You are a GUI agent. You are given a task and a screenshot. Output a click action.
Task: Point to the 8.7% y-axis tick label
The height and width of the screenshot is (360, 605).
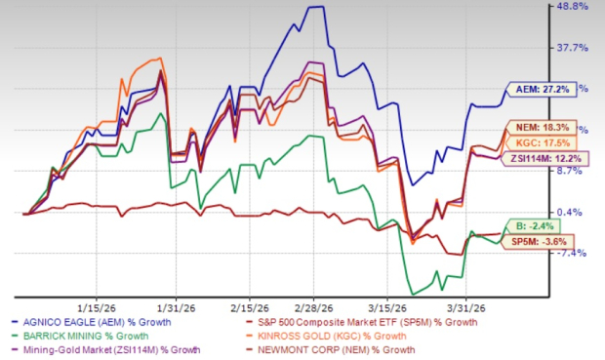574,171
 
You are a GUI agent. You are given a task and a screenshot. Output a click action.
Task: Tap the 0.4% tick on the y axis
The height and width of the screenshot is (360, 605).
574,212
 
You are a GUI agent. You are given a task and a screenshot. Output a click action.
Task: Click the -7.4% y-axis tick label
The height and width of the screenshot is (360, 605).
572,253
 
